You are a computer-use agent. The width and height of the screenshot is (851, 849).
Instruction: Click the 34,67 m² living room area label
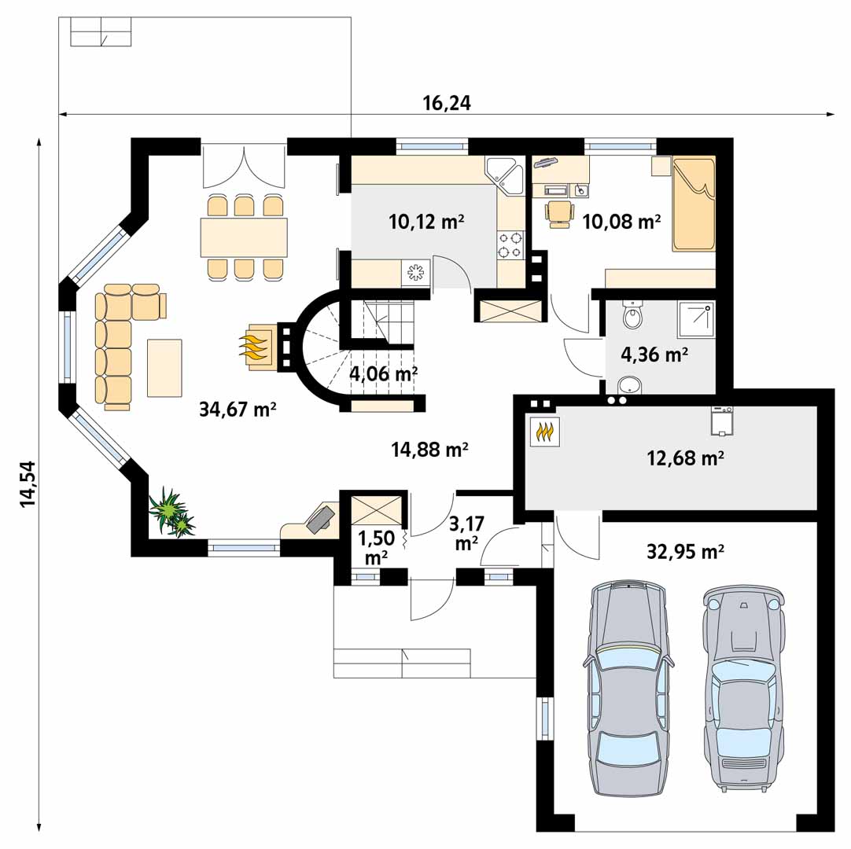coord(238,409)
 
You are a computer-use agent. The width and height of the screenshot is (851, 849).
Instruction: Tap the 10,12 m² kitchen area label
coord(426,222)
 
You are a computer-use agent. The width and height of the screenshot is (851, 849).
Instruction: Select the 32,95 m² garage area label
coord(685,552)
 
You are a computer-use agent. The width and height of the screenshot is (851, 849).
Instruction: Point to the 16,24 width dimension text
coord(447,103)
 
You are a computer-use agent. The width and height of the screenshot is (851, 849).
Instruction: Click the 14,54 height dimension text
coord(28,484)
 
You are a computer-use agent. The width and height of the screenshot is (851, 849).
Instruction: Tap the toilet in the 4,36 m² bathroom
coord(633,314)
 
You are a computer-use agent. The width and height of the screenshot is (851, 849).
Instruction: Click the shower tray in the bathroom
coord(695,319)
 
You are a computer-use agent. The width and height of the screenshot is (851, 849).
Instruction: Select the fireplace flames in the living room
coord(253,347)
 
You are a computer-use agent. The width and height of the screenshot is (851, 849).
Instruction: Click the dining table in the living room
coord(244,237)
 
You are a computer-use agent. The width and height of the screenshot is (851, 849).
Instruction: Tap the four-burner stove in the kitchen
coord(510,244)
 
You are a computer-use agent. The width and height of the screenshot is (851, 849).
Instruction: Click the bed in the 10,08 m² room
coord(693,204)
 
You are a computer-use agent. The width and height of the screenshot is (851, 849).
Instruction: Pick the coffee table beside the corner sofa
coord(164,368)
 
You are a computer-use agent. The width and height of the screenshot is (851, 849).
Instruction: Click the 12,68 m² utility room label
coord(685,458)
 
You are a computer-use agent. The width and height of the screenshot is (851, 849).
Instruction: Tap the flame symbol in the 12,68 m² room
coord(544,432)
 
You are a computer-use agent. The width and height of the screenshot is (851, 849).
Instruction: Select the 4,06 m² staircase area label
coord(383,373)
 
